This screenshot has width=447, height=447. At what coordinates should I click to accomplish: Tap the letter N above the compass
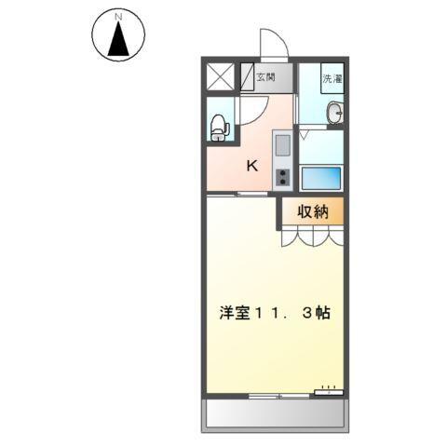click(117, 17)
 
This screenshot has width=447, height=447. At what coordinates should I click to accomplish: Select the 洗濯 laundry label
click(332, 78)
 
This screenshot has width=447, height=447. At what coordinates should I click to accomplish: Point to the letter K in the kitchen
click(251, 167)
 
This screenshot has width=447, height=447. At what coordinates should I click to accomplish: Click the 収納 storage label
click(313, 211)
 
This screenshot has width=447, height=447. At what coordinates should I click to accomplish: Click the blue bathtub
click(322, 176)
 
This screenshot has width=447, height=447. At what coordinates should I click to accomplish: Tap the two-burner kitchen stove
click(283, 176)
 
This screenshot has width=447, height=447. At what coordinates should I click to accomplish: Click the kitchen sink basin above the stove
click(283, 144)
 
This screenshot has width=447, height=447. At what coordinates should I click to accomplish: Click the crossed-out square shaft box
click(222, 77)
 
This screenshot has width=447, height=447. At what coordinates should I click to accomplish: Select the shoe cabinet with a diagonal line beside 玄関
click(247, 77)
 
